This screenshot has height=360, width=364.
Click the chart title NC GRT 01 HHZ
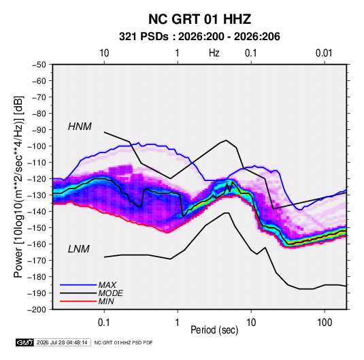click(x=199, y=19)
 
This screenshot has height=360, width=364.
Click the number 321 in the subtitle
click(x=127, y=37)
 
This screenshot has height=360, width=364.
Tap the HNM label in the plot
click(x=80, y=127)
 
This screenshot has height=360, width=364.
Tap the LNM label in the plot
click(x=79, y=249)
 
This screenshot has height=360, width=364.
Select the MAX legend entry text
click(x=107, y=284)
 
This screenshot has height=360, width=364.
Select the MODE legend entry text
click(x=110, y=293)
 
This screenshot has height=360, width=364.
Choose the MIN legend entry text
click(x=106, y=301)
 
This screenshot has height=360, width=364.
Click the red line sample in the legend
click(x=78, y=301)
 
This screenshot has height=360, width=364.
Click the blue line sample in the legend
click(x=78, y=285)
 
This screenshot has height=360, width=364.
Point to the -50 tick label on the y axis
click(x=39, y=65)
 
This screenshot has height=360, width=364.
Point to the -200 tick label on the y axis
click(x=37, y=310)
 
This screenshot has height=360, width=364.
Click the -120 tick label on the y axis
click(x=37, y=179)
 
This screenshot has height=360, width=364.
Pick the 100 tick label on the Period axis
click(x=325, y=323)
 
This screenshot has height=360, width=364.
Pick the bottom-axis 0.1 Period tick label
click(x=104, y=323)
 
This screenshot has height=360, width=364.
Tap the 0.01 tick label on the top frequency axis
click(x=324, y=53)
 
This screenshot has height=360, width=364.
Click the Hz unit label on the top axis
click(x=214, y=53)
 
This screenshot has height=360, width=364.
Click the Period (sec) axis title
click(x=214, y=330)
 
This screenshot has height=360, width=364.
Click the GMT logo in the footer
click(x=25, y=342)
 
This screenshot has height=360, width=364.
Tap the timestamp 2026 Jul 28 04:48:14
click(x=62, y=342)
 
